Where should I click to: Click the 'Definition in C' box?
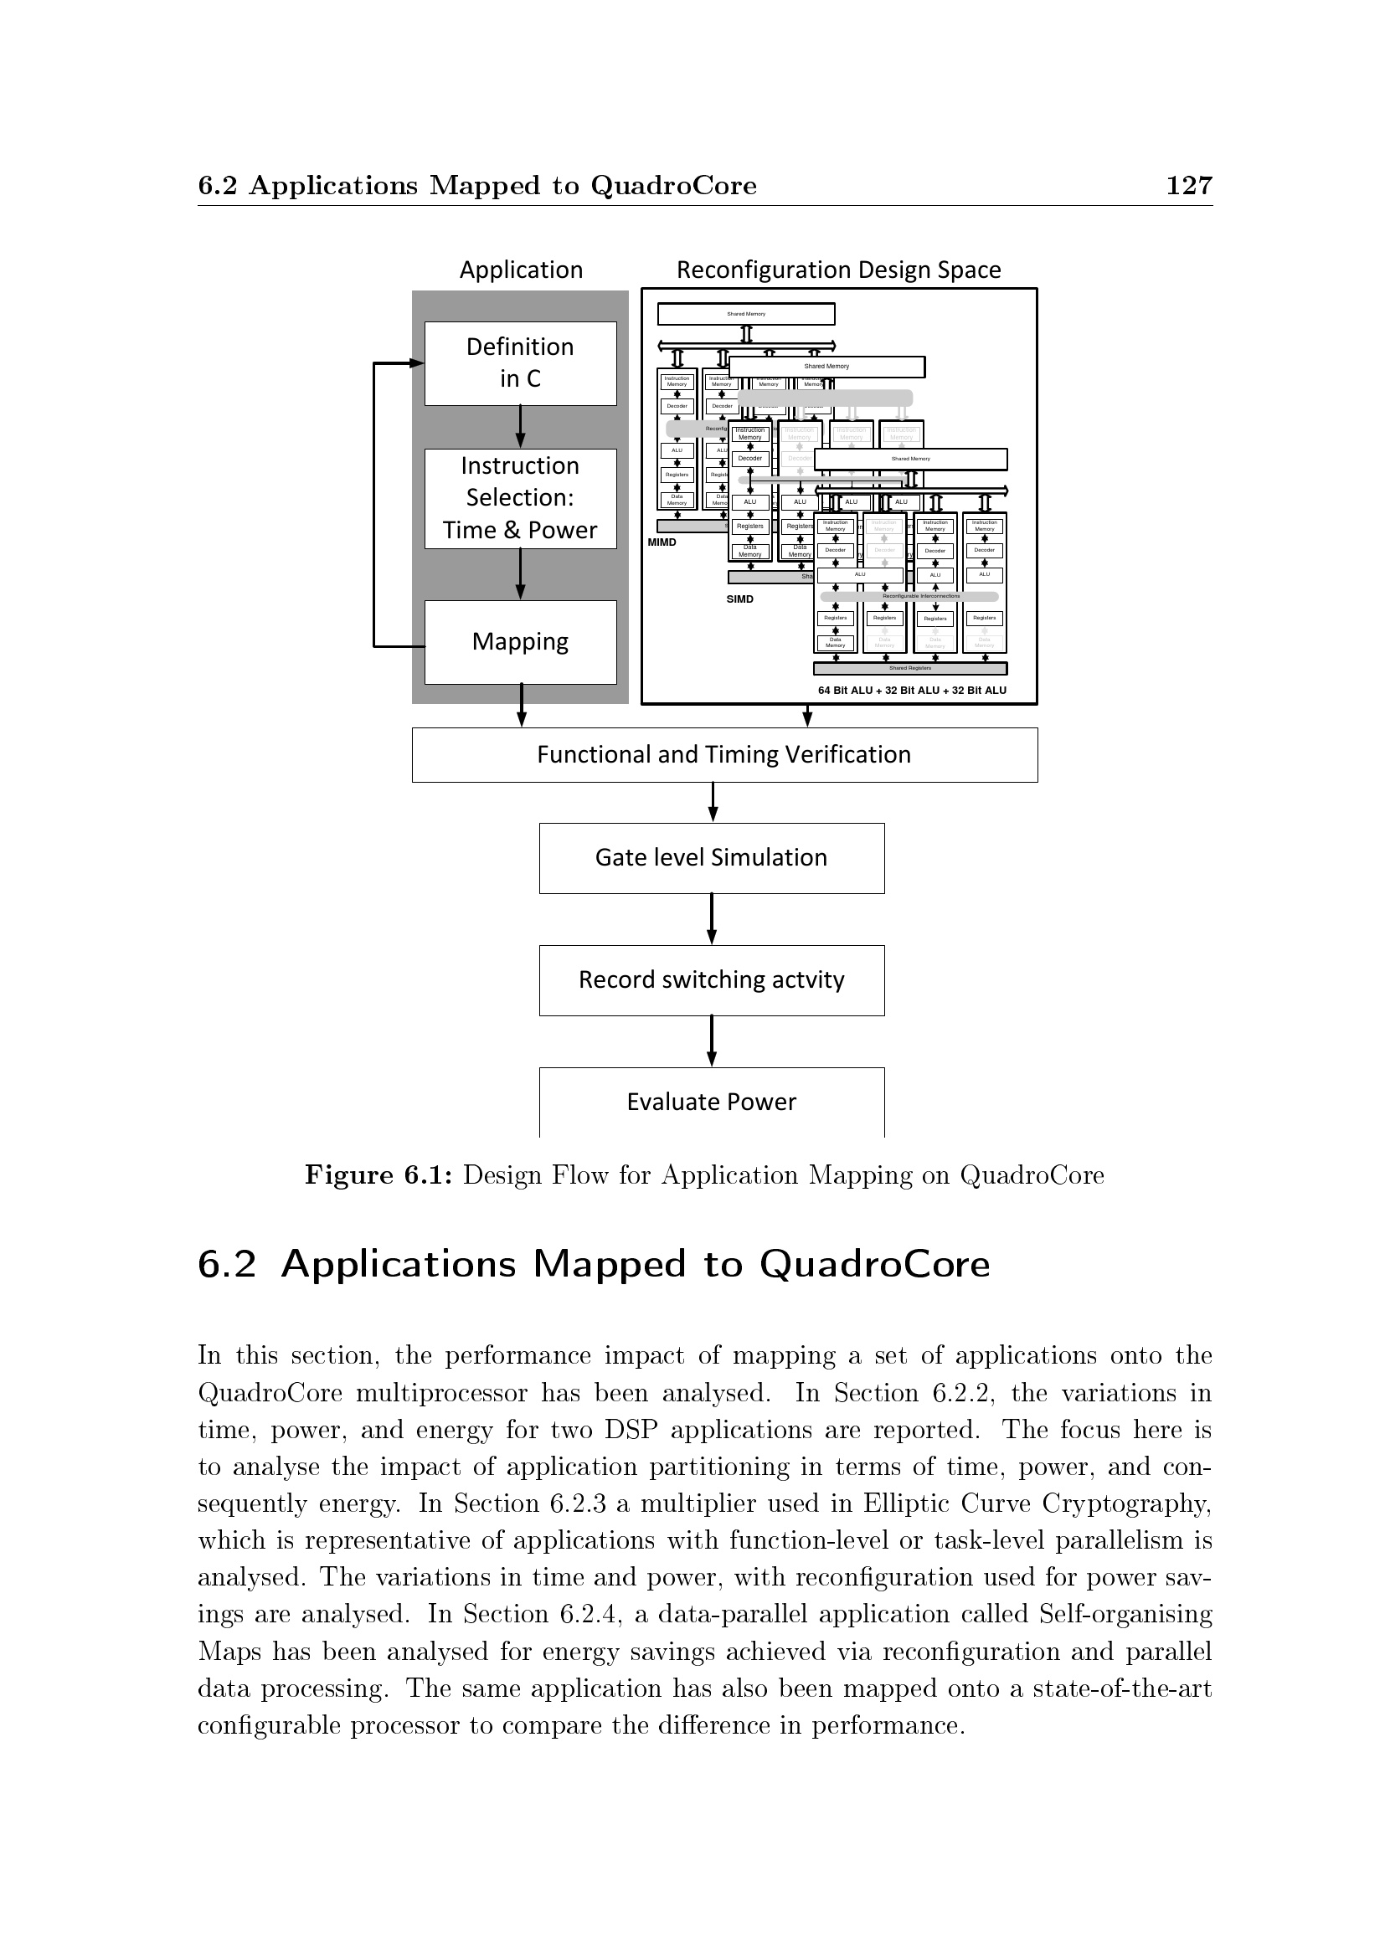520,363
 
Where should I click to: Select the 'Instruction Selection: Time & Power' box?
520,498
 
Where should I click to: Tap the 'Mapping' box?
520,641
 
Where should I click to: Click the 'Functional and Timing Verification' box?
724,755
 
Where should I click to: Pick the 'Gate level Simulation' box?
711,858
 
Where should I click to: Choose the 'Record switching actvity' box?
711,980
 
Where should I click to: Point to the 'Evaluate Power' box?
711,1102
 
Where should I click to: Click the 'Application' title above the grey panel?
521,270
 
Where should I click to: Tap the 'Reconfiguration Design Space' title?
838,270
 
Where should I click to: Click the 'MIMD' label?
662,542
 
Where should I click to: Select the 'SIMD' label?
739,599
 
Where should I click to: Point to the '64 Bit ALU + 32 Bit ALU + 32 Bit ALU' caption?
912,691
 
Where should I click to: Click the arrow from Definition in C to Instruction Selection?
520,426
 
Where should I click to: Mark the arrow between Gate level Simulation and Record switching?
712,918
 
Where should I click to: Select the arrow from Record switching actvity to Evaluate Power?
712,1041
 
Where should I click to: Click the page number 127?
1189,185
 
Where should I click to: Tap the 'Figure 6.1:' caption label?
379,1175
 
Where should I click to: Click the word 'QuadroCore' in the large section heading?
874,1264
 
